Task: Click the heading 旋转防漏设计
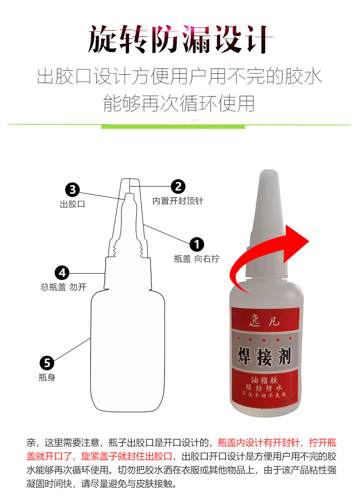click(x=180, y=40)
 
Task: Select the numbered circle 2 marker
click(x=178, y=186)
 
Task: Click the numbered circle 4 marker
click(x=62, y=273)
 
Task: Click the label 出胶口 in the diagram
click(x=72, y=204)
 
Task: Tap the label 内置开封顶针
click(x=178, y=201)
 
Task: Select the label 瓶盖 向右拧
click(x=196, y=259)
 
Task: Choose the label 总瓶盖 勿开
click(x=63, y=287)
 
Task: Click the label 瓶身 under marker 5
click(x=47, y=378)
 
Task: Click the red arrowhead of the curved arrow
click(x=298, y=237)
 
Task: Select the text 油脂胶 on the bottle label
click(x=265, y=379)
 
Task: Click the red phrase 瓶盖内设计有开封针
click(x=263, y=442)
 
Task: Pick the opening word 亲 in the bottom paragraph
click(x=31, y=442)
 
